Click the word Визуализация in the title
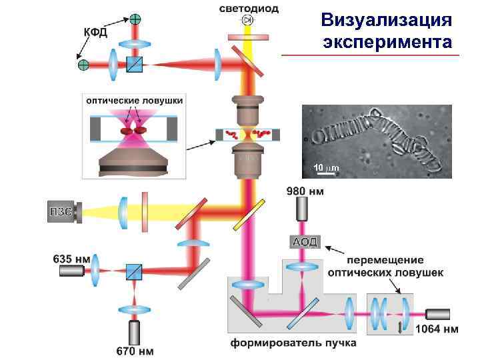(x=387, y=19)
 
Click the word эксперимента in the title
(x=387, y=42)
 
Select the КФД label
(x=95, y=32)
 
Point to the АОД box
(x=303, y=241)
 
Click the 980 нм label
(x=305, y=192)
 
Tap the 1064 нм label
(x=437, y=328)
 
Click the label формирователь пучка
(x=293, y=343)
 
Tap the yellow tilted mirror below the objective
(x=257, y=213)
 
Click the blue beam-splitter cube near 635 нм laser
(x=134, y=271)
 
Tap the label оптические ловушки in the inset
(x=134, y=99)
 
